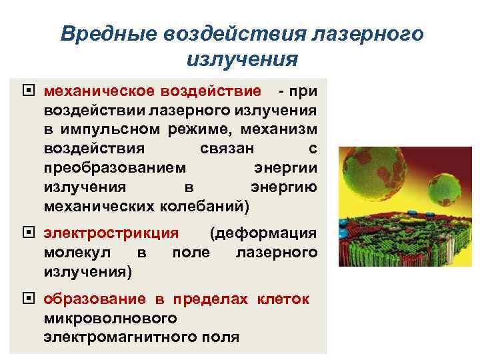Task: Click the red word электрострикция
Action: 111,233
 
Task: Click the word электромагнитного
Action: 121,337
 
